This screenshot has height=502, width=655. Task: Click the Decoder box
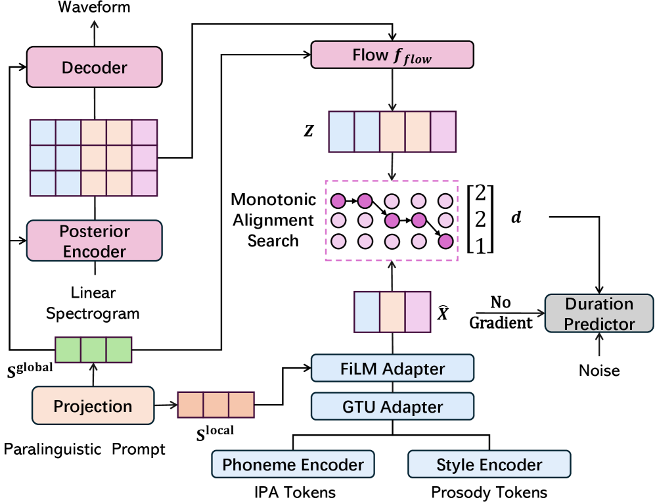point(94,66)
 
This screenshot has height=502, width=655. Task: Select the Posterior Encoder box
point(94,241)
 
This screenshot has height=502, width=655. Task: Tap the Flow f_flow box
point(392,56)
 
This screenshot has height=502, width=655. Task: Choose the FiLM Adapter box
point(392,369)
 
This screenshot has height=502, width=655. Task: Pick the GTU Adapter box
point(392,406)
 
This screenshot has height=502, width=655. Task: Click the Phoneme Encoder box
point(292,465)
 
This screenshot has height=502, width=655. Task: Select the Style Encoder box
point(489,465)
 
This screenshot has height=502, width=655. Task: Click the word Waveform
point(94,8)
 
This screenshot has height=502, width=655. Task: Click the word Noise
point(599,371)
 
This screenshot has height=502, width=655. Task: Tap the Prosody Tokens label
point(489,492)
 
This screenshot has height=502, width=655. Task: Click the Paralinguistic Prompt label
point(85,449)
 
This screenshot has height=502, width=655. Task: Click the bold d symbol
point(516,217)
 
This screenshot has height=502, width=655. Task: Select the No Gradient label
point(501,313)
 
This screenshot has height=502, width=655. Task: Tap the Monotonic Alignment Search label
point(273,220)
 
